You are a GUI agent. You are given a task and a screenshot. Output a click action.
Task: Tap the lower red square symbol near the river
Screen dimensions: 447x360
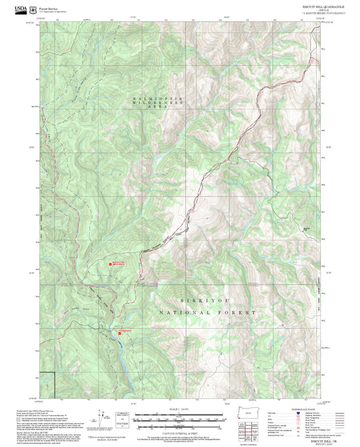point(120,332)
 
